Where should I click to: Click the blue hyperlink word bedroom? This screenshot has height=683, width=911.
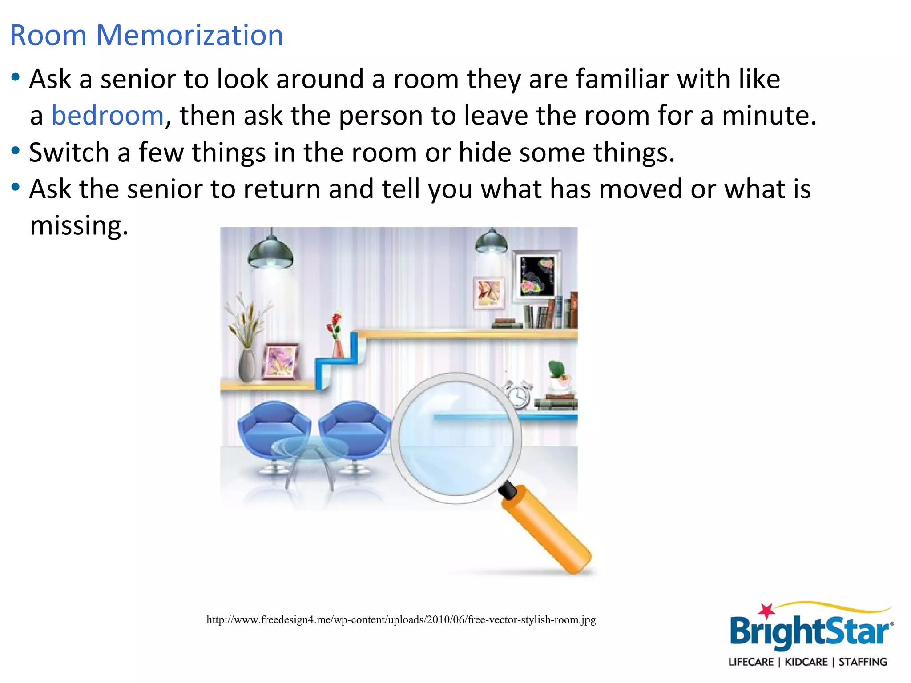pyautogui.click(x=108, y=116)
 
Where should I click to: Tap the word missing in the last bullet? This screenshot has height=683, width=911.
pyautogui.click(x=79, y=225)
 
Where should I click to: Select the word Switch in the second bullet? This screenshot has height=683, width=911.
pyautogui.click(x=69, y=153)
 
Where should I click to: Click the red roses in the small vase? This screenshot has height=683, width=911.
pyautogui.click(x=335, y=325)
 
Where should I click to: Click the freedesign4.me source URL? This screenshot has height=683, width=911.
pyautogui.click(x=401, y=619)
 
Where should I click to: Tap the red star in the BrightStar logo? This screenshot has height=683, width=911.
pyautogui.click(x=766, y=611)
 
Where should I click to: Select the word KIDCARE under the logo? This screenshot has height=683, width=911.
pyautogui.click(x=806, y=662)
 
